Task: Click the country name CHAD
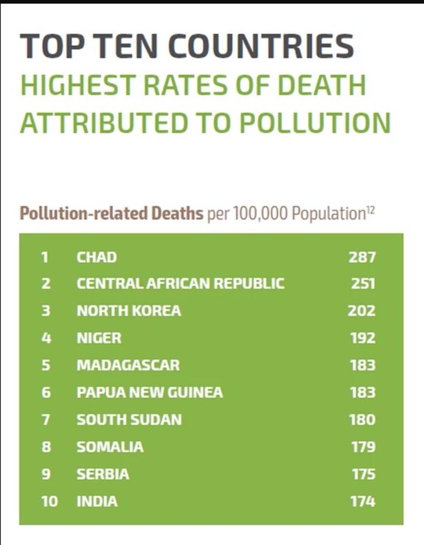point(97,257)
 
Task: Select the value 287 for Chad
point(362,257)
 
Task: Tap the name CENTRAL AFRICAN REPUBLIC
point(180,284)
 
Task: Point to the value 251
point(363,284)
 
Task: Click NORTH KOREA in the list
point(129,311)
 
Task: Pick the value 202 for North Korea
point(362,311)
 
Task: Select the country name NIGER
point(99,338)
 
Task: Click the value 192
point(363,338)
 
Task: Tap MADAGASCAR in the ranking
point(128,365)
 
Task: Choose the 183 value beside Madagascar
point(363,365)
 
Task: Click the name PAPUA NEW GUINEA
point(150,392)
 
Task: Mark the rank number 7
point(46,420)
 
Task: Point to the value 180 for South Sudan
point(362,420)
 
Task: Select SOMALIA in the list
point(110,447)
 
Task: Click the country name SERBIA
point(103,474)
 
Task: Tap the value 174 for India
point(363,502)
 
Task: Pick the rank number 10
point(50,502)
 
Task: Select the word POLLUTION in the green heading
point(315,123)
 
